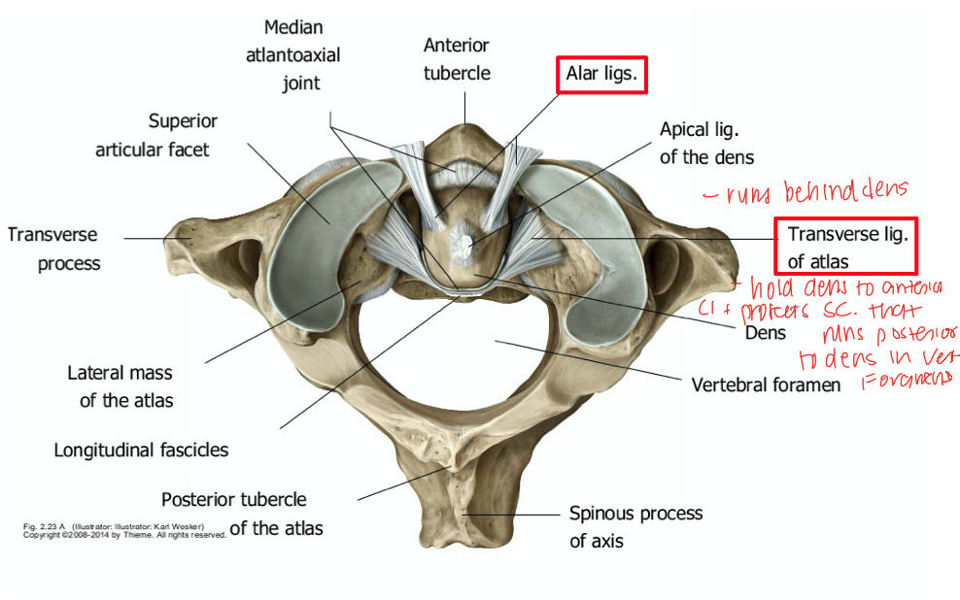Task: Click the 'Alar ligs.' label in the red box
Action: pyautogui.click(x=602, y=74)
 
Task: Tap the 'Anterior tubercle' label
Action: pyautogui.click(x=456, y=59)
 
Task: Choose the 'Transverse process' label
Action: pyautogui.click(x=54, y=249)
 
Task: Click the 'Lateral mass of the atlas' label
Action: pyautogui.click(x=120, y=386)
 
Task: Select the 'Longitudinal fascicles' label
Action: pyautogui.click(x=141, y=450)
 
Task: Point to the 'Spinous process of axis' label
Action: pyautogui.click(x=635, y=526)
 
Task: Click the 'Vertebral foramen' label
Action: pyautogui.click(x=766, y=384)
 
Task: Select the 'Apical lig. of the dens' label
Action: pyautogui.click(x=706, y=143)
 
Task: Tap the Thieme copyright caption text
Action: pyautogui.click(x=124, y=531)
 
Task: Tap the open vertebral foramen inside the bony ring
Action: pyautogui.click(x=466, y=369)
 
